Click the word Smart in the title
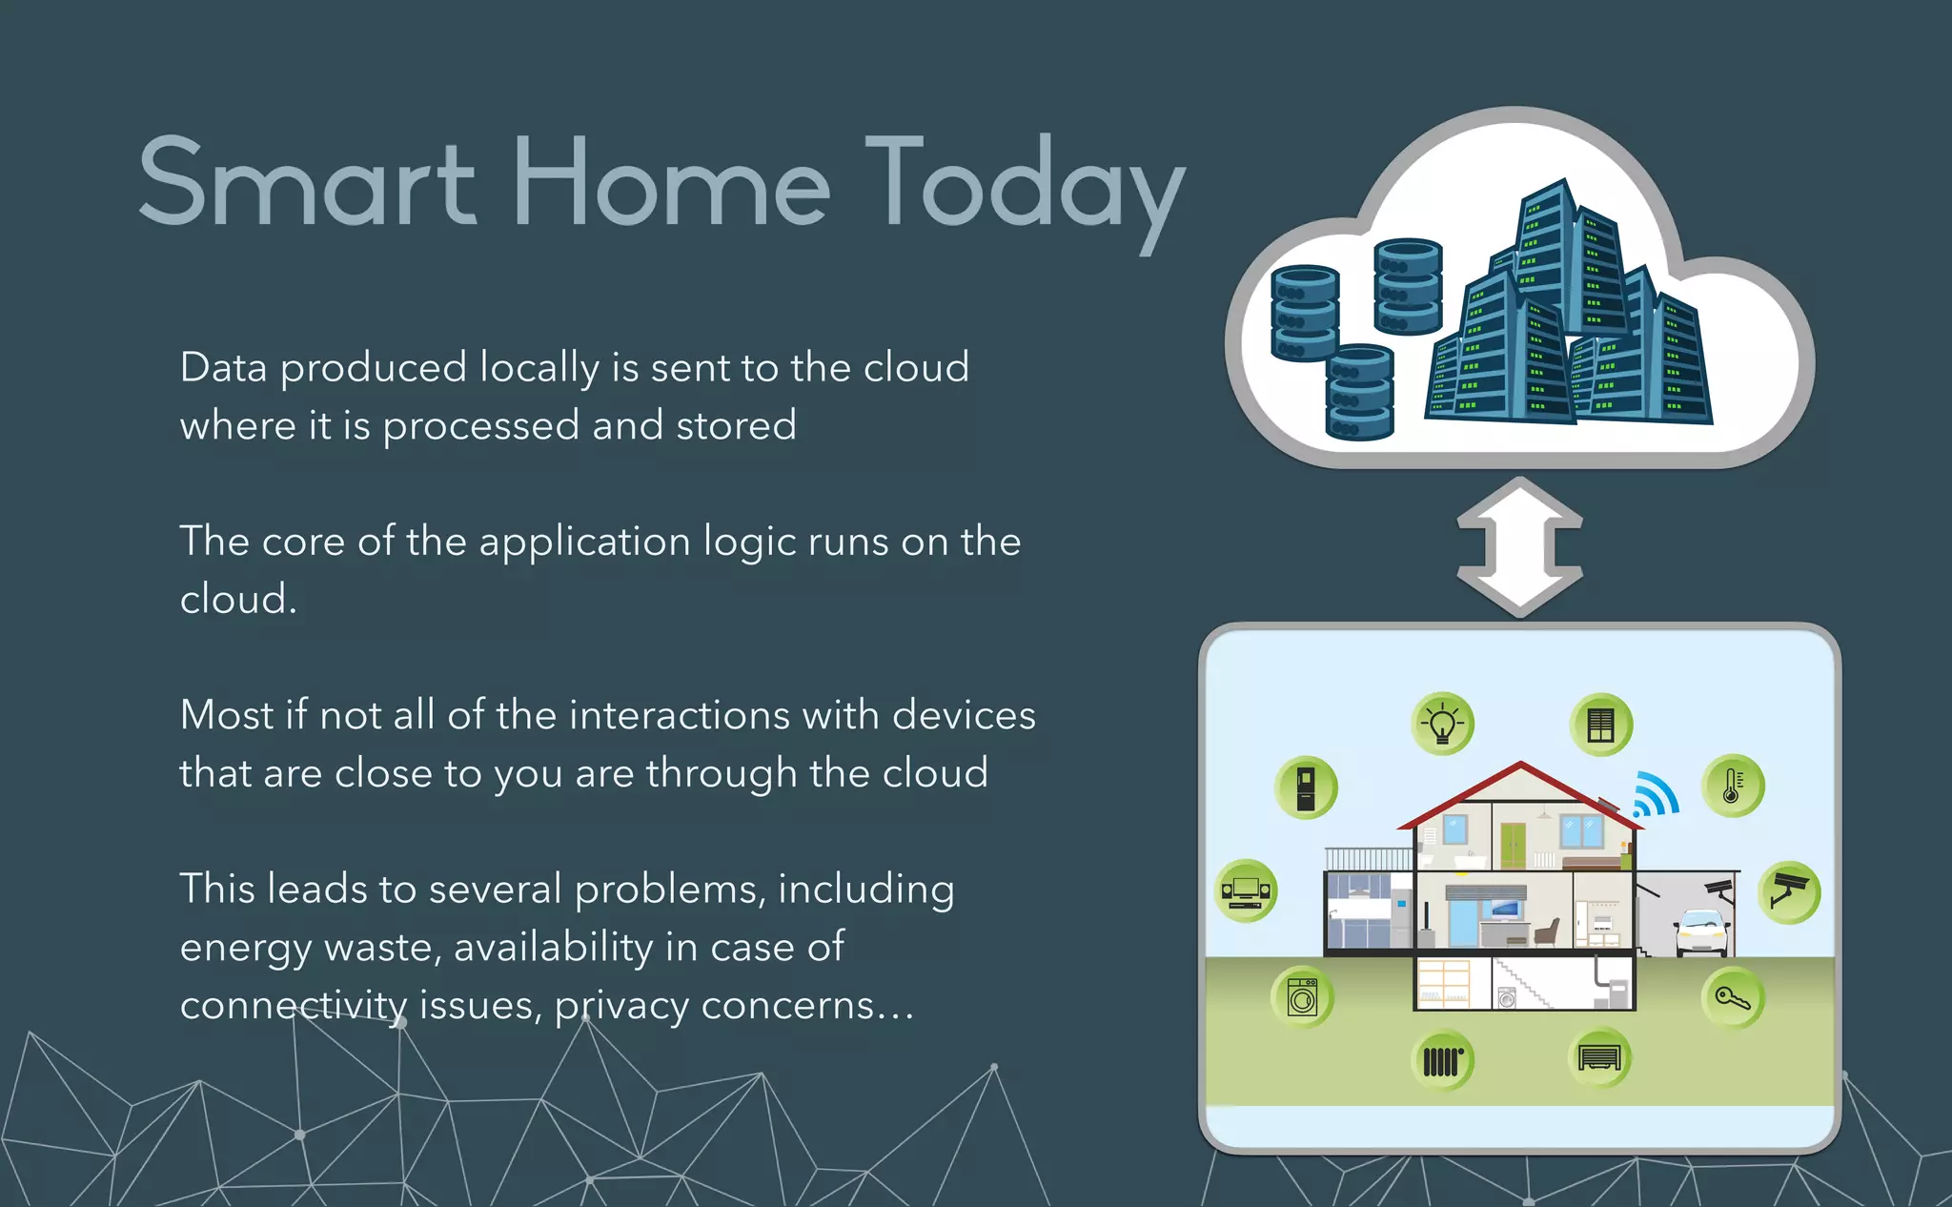[307, 183]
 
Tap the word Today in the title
[1025, 186]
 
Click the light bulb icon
[1442, 724]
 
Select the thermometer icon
[1733, 787]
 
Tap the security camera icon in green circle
[1789, 892]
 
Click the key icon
[1733, 998]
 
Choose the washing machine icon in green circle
[1302, 997]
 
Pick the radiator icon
[1442, 1060]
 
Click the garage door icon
[1599, 1057]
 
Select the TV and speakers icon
[1246, 890]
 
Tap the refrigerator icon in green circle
[1306, 788]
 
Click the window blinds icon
[1601, 725]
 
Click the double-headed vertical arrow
[1519, 547]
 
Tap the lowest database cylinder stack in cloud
[1359, 393]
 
